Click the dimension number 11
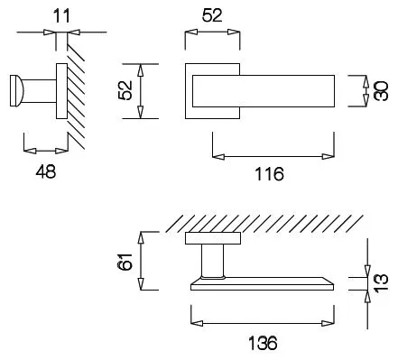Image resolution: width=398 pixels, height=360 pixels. pyautogui.click(x=61, y=15)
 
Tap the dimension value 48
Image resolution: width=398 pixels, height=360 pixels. pyautogui.click(x=46, y=172)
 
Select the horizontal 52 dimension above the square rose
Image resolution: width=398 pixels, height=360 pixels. pyautogui.click(x=212, y=15)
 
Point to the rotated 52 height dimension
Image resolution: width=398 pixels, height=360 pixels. pyautogui.click(x=125, y=90)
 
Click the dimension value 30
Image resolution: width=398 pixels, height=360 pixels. pyautogui.click(x=380, y=91)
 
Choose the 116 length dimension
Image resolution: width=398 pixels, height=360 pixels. pyautogui.click(x=269, y=174)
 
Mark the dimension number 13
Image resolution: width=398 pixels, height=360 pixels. pyautogui.click(x=381, y=282)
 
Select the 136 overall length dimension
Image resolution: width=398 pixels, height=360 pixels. pyautogui.click(x=263, y=343)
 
